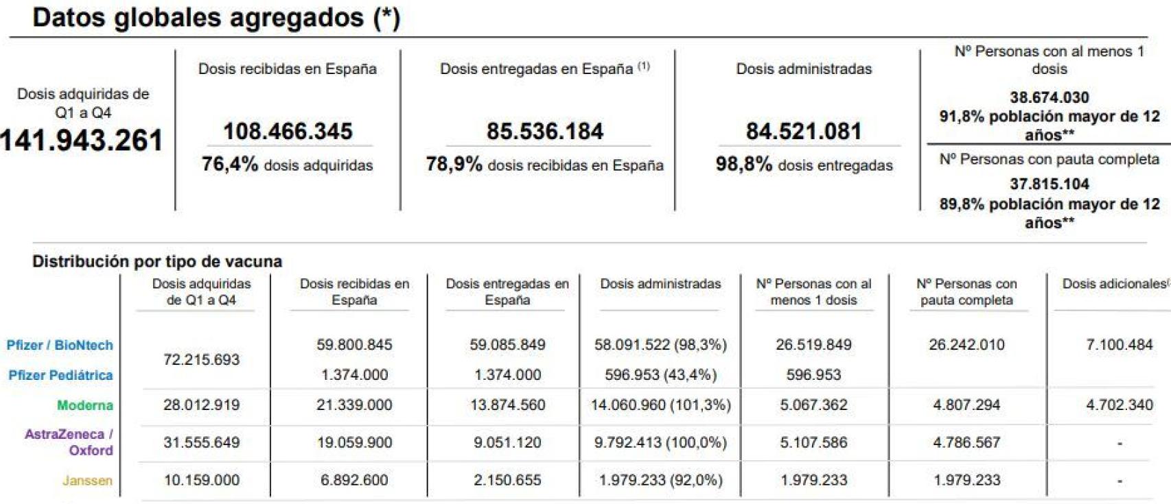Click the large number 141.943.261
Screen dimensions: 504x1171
(x=81, y=141)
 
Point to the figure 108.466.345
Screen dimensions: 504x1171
(x=288, y=131)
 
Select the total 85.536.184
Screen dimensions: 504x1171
(x=545, y=131)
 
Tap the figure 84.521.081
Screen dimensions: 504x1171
(x=804, y=131)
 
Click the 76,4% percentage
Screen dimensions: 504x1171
(x=230, y=165)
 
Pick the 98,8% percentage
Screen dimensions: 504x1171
(x=743, y=165)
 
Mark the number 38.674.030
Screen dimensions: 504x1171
(x=1049, y=97)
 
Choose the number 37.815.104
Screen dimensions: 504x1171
(x=1049, y=184)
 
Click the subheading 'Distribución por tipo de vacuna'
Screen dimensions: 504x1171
(x=157, y=261)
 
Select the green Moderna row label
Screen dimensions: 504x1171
(x=85, y=405)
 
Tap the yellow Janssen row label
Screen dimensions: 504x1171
(x=87, y=481)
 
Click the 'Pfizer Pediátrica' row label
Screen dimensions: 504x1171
(x=60, y=375)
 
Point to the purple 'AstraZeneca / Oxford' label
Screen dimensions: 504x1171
(x=69, y=442)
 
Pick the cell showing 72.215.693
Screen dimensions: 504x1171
(x=201, y=359)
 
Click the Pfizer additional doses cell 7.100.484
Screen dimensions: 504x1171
(x=1119, y=345)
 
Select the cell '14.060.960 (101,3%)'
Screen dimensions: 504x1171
(x=660, y=405)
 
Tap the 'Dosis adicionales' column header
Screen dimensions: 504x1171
(x=1113, y=284)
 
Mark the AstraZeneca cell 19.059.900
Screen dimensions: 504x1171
(x=354, y=443)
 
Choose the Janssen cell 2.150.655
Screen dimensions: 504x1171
(x=507, y=481)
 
